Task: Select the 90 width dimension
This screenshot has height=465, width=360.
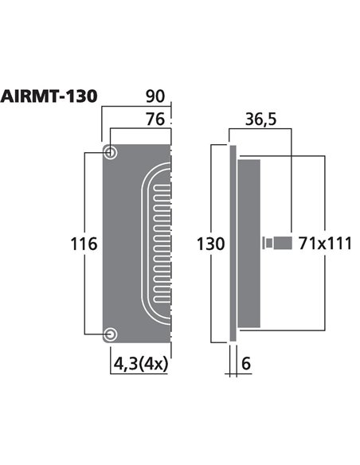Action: coord(155,96)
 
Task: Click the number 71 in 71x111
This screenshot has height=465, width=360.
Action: coord(308,244)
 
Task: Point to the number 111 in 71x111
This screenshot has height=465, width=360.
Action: coord(338,244)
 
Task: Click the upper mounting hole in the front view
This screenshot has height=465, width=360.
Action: coord(111,152)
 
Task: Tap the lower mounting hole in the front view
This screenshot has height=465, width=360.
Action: coord(111,334)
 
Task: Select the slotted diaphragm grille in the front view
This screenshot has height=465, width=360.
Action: coord(157,243)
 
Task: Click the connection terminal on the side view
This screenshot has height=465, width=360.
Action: coord(274,242)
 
